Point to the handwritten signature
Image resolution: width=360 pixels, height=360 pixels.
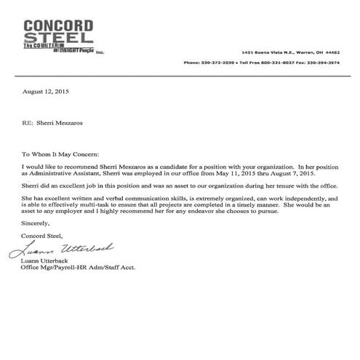[x=61, y=250]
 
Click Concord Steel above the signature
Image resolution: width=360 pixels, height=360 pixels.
[x=43, y=236]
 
